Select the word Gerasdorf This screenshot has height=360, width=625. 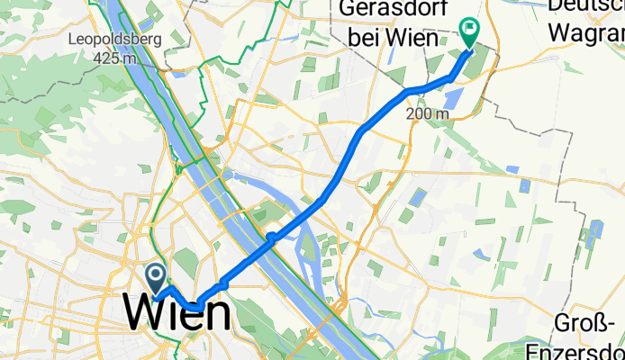tap(388, 13)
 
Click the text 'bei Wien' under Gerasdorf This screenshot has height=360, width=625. tap(388, 40)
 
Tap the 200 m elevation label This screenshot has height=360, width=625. tap(427, 113)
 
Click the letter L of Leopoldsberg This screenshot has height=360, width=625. tap(73, 40)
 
